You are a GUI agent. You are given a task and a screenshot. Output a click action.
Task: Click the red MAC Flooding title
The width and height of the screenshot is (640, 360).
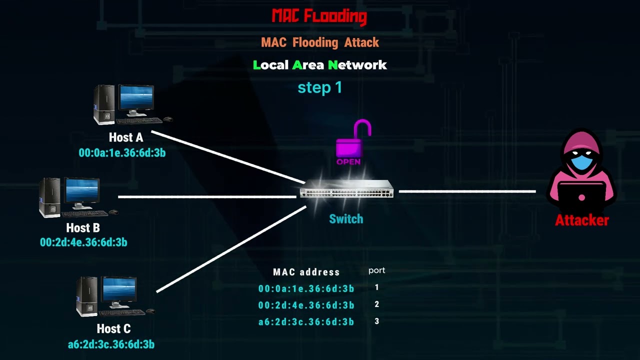pyautogui.click(x=319, y=16)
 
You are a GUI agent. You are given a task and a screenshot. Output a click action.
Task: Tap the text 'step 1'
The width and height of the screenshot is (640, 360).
pyautogui.click(x=320, y=88)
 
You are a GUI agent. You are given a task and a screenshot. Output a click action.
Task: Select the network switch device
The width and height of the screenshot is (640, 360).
pyautogui.click(x=346, y=189)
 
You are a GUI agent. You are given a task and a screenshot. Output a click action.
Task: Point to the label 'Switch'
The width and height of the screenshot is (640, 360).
pyautogui.click(x=346, y=219)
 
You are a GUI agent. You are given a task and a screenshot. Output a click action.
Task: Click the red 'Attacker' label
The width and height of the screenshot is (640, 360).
pyautogui.click(x=581, y=220)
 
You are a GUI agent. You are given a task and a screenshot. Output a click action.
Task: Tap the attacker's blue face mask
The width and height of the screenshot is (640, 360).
pyautogui.click(x=581, y=163)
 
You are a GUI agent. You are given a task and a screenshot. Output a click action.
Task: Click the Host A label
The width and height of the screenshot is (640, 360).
pyautogui.click(x=126, y=137)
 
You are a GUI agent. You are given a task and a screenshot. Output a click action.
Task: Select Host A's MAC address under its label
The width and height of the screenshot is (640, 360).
pyautogui.click(x=122, y=153)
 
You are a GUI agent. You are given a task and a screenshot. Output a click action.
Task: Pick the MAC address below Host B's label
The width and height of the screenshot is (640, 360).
pyautogui.click(x=83, y=242)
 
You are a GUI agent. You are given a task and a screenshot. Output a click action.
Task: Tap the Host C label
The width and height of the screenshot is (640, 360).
pyautogui.click(x=113, y=329)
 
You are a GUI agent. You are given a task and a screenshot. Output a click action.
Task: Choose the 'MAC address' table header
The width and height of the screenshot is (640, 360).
pyautogui.click(x=306, y=272)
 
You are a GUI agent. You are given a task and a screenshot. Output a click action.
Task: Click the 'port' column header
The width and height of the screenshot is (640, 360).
pyautogui.click(x=376, y=270)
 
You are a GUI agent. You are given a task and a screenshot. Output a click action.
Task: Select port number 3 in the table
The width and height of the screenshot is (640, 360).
pyautogui.click(x=377, y=321)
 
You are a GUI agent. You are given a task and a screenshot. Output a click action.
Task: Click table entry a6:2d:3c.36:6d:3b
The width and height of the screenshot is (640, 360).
pyautogui.click(x=306, y=322)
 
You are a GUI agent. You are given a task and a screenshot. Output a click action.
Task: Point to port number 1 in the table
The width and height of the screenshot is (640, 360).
pyautogui.click(x=377, y=287)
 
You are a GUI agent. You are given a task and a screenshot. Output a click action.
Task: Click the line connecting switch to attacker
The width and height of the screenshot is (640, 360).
pyautogui.click(x=467, y=191)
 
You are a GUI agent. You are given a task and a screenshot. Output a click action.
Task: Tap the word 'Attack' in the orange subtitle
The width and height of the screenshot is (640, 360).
pyautogui.click(x=361, y=42)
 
